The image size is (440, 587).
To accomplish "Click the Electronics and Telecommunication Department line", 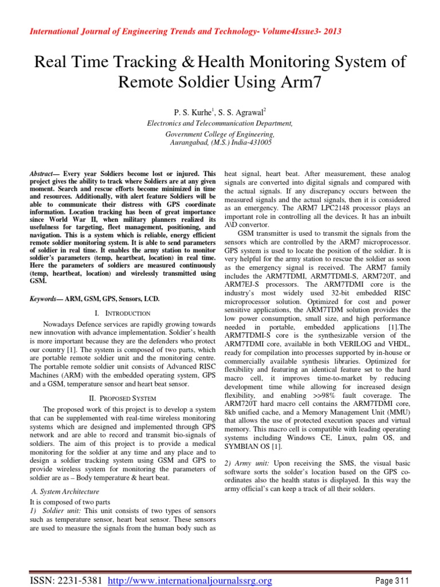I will tap(220, 123).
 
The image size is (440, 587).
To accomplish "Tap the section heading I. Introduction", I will tap(123, 314).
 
